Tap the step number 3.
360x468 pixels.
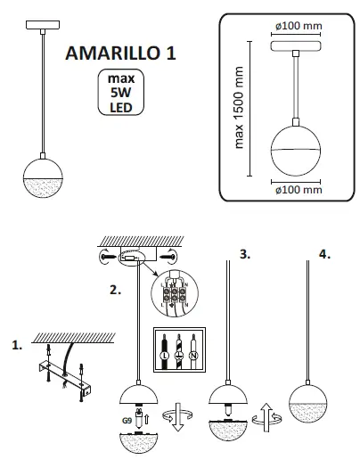[x=245, y=254]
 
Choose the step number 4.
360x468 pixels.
[x=323, y=254]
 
